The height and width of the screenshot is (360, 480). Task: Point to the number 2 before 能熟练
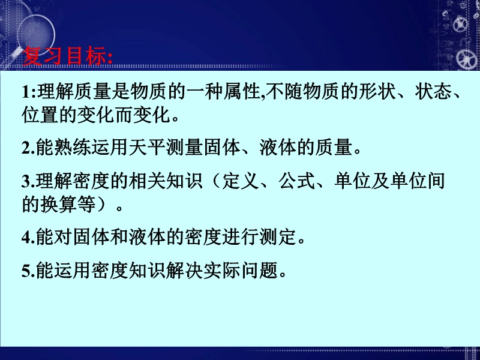click(x=26, y=148)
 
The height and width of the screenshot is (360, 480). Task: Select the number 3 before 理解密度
click(x=26, y=182)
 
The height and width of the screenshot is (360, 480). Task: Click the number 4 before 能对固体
click(x=26, y=237)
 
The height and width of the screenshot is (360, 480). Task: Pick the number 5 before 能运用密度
click(x=26, y=271)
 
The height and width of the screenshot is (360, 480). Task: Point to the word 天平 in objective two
click(x=148, y=148)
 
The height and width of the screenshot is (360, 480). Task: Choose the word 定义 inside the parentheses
click(x=241, y=181)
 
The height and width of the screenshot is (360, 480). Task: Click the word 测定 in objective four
click(x=278, y=237)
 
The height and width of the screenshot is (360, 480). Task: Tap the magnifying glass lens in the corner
click(x=36, y=34)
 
